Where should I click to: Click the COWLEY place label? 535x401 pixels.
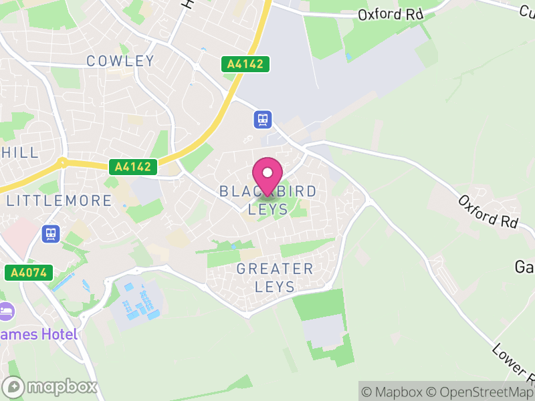point(120,61)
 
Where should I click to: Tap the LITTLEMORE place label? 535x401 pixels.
point(59,200)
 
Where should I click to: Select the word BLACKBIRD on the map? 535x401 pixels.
point(267,192)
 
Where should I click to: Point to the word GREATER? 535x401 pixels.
point(275,269)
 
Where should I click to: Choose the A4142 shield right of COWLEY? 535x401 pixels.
point(246,64)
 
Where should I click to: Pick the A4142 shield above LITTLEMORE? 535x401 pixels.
point(134,166)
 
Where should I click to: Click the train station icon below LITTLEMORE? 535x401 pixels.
point(50,233)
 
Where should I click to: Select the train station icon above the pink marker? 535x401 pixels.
point(263,120)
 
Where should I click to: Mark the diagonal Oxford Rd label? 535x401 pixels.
point(489,211)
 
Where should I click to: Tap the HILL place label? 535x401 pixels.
point(20,152)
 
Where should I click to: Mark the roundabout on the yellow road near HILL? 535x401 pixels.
point(62,162)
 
